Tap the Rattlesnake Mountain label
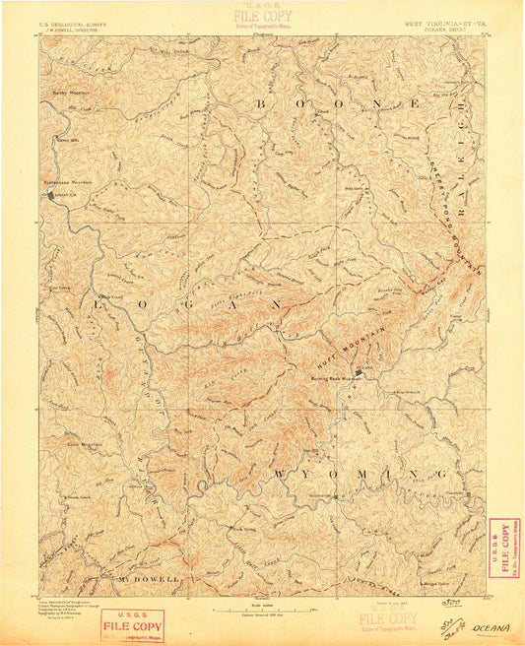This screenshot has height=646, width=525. click(67, 181)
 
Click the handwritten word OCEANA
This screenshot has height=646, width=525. click(490, 626)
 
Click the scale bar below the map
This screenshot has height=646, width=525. click(262, 610)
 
